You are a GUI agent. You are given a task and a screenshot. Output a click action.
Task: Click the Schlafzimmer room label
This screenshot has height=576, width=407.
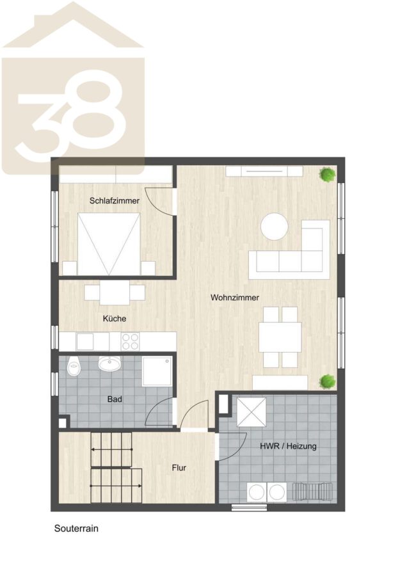pos(115,200)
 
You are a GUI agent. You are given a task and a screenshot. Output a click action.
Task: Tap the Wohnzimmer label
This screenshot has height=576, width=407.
pos(235,298)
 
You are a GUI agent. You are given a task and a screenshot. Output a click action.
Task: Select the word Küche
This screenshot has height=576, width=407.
pos(115,319)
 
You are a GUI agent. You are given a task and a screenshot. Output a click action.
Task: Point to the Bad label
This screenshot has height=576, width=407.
pos(115,399)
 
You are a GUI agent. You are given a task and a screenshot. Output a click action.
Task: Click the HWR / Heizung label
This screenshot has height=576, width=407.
pos(288,446)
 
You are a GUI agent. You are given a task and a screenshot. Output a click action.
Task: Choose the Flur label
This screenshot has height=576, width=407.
pos(179,468)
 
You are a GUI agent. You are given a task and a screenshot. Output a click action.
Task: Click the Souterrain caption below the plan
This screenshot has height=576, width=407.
pos(76,528)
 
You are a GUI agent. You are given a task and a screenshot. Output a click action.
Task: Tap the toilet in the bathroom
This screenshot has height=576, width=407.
pos(74,365)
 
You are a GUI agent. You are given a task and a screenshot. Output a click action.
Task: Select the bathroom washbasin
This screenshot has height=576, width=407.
pos(109,363)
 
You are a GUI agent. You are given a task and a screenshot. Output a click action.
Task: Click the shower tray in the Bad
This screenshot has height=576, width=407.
pos(157,371)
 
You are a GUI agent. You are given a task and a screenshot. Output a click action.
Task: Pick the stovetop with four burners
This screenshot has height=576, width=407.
pos(130,341)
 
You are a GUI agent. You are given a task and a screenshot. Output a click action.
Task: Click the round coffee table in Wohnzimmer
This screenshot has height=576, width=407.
pos(275,227)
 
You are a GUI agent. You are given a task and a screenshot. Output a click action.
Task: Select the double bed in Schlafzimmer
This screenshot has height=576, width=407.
pos(109,244)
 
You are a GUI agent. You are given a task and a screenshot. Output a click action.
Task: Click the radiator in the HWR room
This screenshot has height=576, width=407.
pos(312,492)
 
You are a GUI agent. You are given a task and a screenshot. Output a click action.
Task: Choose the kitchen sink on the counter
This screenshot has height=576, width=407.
pos(85,342)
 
